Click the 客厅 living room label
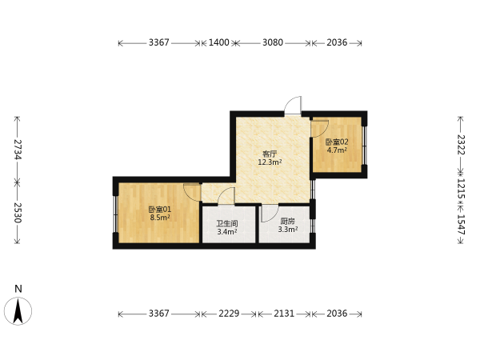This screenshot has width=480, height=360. (270, 154)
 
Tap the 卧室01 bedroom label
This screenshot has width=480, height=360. (160, 210)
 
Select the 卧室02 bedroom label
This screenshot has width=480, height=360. (337, 142)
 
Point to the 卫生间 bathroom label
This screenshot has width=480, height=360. (227, 223)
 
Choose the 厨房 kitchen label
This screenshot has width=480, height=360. (288, 221)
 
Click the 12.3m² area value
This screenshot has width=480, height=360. (270, 162)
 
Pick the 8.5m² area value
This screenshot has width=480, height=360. (160, 218)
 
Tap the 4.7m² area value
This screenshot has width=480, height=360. (337, 150)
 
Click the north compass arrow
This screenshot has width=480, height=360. (18, 311)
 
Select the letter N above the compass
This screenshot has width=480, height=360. (18, 289)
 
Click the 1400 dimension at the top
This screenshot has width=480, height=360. (219, 42)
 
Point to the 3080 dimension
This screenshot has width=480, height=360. (273, 42)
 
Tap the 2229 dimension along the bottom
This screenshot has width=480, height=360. (229, 314)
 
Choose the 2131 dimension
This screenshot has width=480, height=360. (284, 314)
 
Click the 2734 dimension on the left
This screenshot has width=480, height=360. (18, 150)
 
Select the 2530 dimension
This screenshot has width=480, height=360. (18, 213)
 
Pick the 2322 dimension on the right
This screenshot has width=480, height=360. (461, 145)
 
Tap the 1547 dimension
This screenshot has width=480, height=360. (461, 225)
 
